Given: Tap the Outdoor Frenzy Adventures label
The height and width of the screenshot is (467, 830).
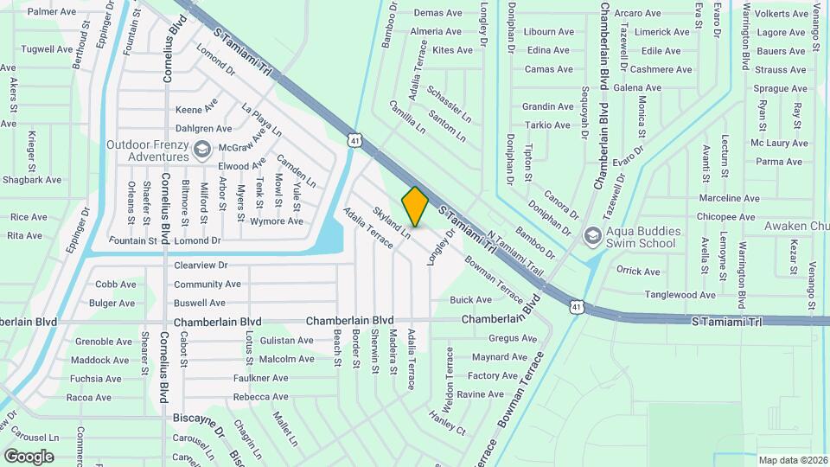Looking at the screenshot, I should pos(147,150).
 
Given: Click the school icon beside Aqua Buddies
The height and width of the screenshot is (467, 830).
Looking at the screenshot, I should pos(592,235).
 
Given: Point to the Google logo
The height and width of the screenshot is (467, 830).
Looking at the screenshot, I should pos(29,457).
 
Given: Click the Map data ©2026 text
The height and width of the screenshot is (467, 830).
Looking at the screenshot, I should pos(792,460).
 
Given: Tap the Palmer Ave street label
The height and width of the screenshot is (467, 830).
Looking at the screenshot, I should pos(53,12).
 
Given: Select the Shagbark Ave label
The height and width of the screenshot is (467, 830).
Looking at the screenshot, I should pos(32,180).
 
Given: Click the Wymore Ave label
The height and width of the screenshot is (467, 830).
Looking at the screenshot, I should pos(276,221).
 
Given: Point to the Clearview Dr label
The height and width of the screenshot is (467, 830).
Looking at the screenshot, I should pos(201,265).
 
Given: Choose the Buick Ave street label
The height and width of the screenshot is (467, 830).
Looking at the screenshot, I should pos(470,300).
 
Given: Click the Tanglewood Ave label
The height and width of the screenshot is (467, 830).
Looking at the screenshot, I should pos(680,295).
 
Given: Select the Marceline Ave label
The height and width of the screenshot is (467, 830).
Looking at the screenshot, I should pos(729,198).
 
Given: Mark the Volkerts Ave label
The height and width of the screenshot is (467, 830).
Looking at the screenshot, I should pos(781,14).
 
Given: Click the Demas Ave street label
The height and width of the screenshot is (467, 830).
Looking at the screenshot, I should pos(437,13).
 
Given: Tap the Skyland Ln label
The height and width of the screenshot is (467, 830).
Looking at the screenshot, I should pos(391,222).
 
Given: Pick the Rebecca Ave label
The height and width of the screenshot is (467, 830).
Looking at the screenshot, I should pos(260,397).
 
